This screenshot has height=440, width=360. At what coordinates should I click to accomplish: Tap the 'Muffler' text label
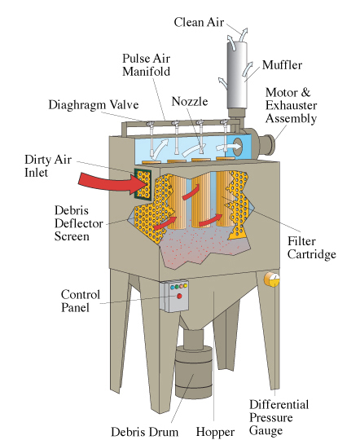point(283,64)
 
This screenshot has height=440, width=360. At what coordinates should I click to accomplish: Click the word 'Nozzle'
point(190,102)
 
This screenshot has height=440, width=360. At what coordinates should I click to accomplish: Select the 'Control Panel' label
point(81,301)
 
